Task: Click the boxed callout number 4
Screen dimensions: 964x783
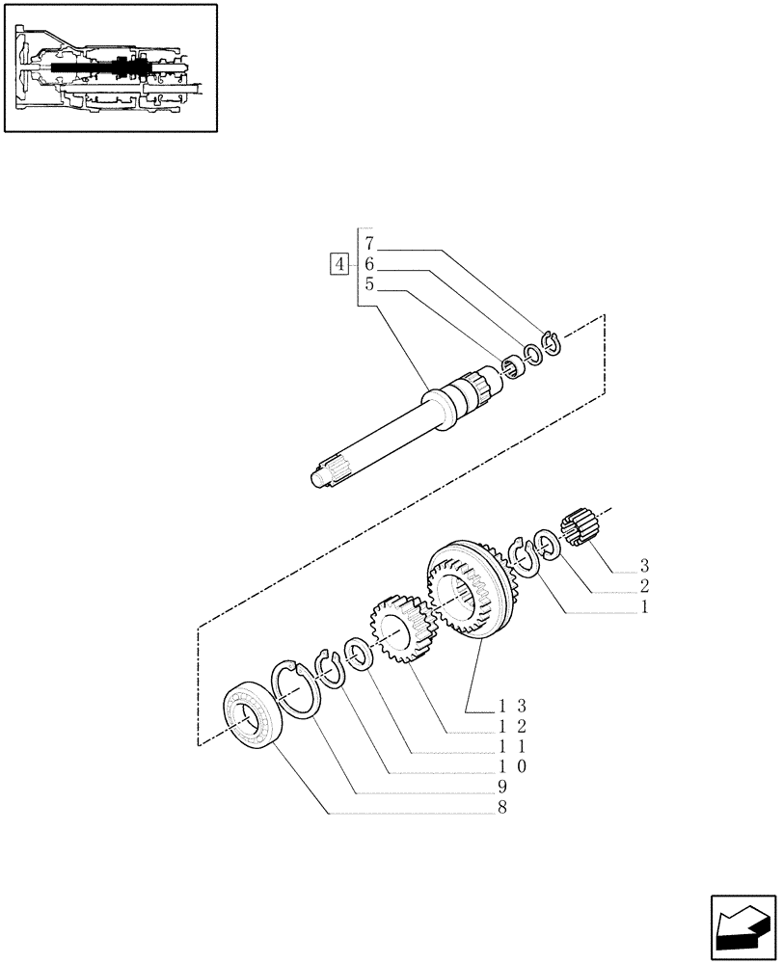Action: coord(339,262)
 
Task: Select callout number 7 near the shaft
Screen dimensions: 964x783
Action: coord(369,242)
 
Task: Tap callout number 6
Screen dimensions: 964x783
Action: coord(369,264)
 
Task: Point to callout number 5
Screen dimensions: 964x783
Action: coord(369,285)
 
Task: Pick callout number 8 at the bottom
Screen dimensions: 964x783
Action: coord(502,808)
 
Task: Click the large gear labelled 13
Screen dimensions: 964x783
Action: coord(471,594)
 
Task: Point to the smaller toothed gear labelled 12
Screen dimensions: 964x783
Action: coord(398,629)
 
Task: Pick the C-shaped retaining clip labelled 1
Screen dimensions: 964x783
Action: coord(526,559)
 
